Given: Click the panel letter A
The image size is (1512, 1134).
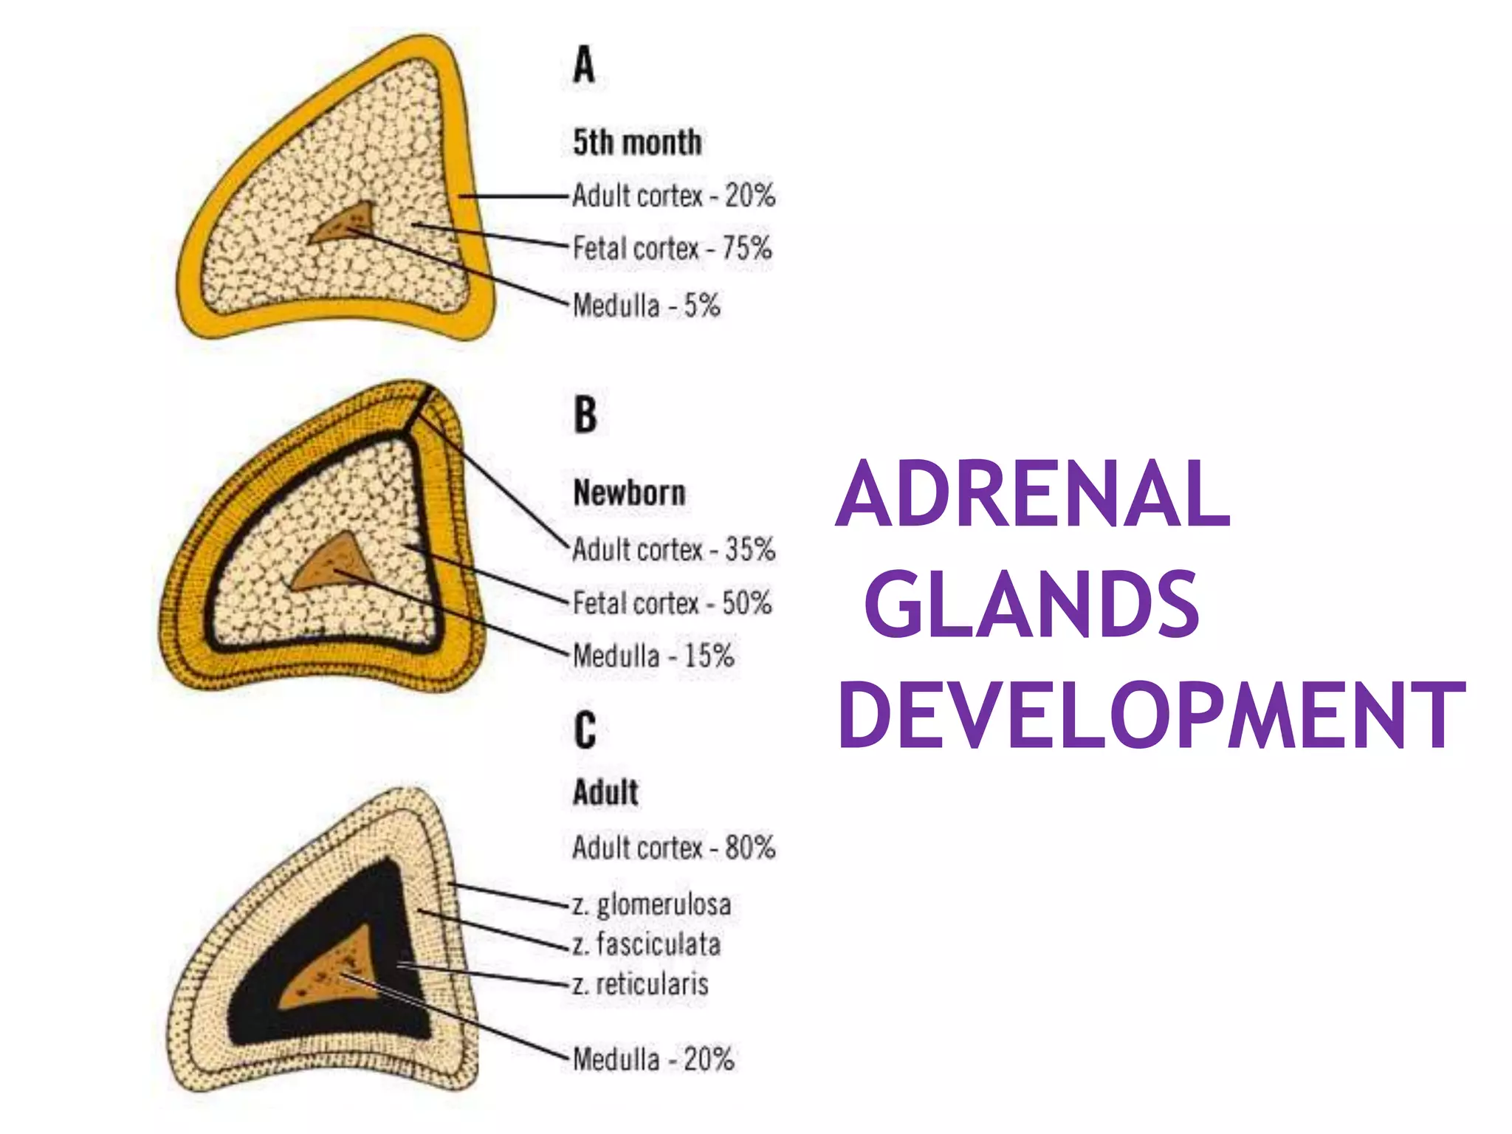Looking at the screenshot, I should pos(583,65).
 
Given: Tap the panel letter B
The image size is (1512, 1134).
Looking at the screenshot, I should pos(585,415).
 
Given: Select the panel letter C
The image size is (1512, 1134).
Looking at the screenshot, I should pos(585,730).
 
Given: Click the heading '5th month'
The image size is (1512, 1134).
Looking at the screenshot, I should pos(637,142).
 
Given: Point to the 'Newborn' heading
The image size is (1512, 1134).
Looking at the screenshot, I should pos(629,492).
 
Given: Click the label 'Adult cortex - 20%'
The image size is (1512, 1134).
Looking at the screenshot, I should pos(673,196).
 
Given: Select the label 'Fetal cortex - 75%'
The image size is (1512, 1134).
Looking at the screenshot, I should pos(672,248).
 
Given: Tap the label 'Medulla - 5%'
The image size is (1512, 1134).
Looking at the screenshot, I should pos(646,305).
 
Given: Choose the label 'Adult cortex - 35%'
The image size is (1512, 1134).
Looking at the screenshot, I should pos(673,549).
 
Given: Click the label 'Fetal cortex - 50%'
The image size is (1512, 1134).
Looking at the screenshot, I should pos(672,603).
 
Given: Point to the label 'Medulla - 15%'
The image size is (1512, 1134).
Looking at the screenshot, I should pos(653,656).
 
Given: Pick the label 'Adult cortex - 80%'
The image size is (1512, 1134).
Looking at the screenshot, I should pos(673,848).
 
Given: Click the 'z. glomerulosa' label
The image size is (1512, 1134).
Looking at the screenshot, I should pos(651,904).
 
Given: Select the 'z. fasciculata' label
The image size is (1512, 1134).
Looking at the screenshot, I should pos(646,944).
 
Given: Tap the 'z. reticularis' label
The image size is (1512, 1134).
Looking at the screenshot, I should pos(640,984).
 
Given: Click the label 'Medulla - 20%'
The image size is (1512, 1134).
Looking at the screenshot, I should pos(653,1059).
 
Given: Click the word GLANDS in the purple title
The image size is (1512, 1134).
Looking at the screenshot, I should pos(1031,603).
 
